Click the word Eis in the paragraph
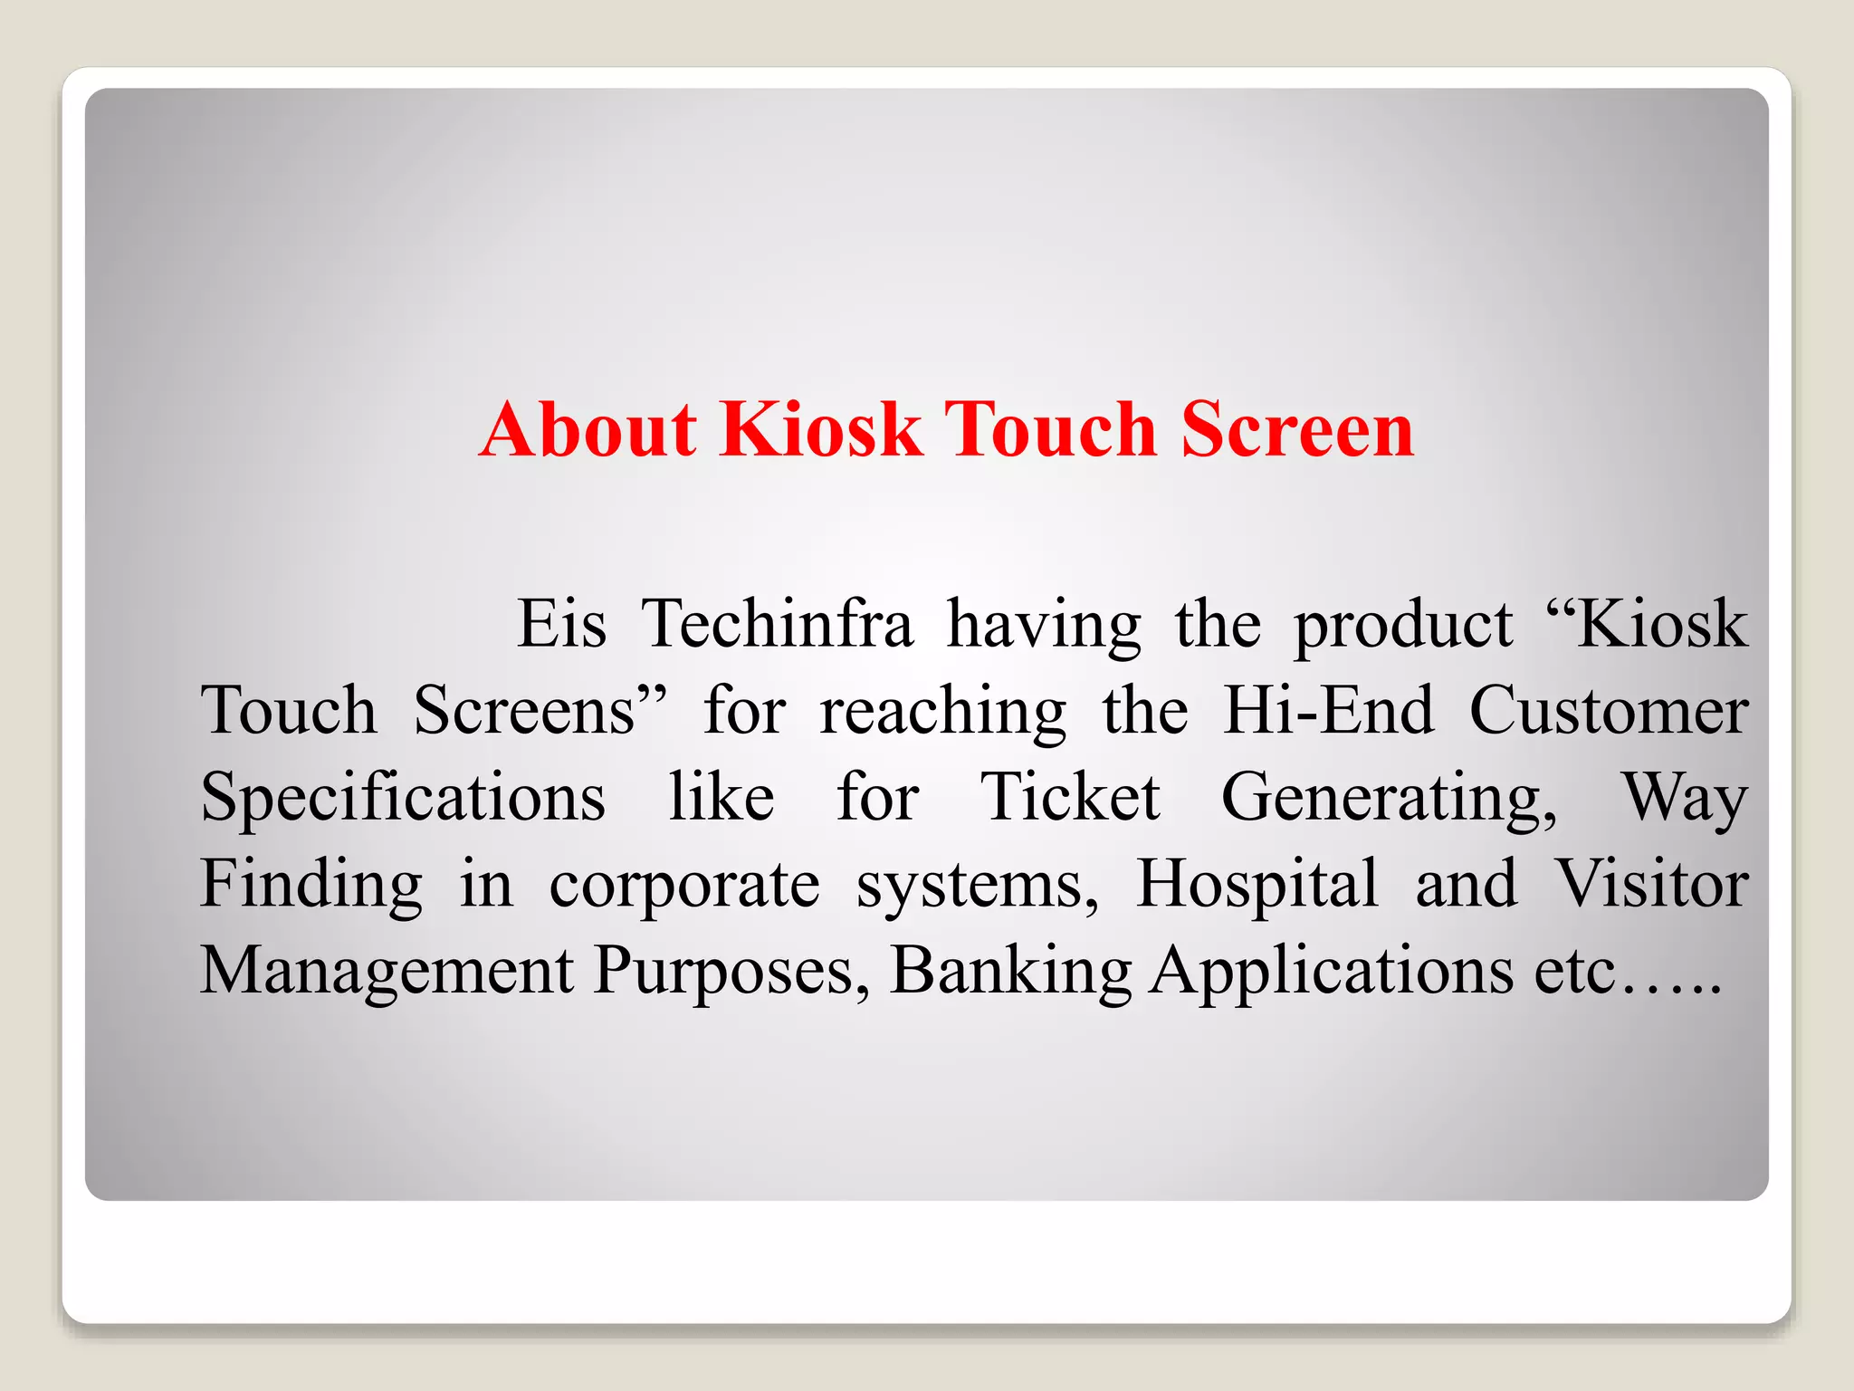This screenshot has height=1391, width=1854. pos(561,624)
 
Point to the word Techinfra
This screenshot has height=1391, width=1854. pos(778,624)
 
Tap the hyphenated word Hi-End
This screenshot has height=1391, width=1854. pos(1329,710)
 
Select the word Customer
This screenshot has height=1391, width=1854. pos(1609,710)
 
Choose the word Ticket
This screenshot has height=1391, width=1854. pos(1070,797)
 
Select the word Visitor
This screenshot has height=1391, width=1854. pos(1651,883)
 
